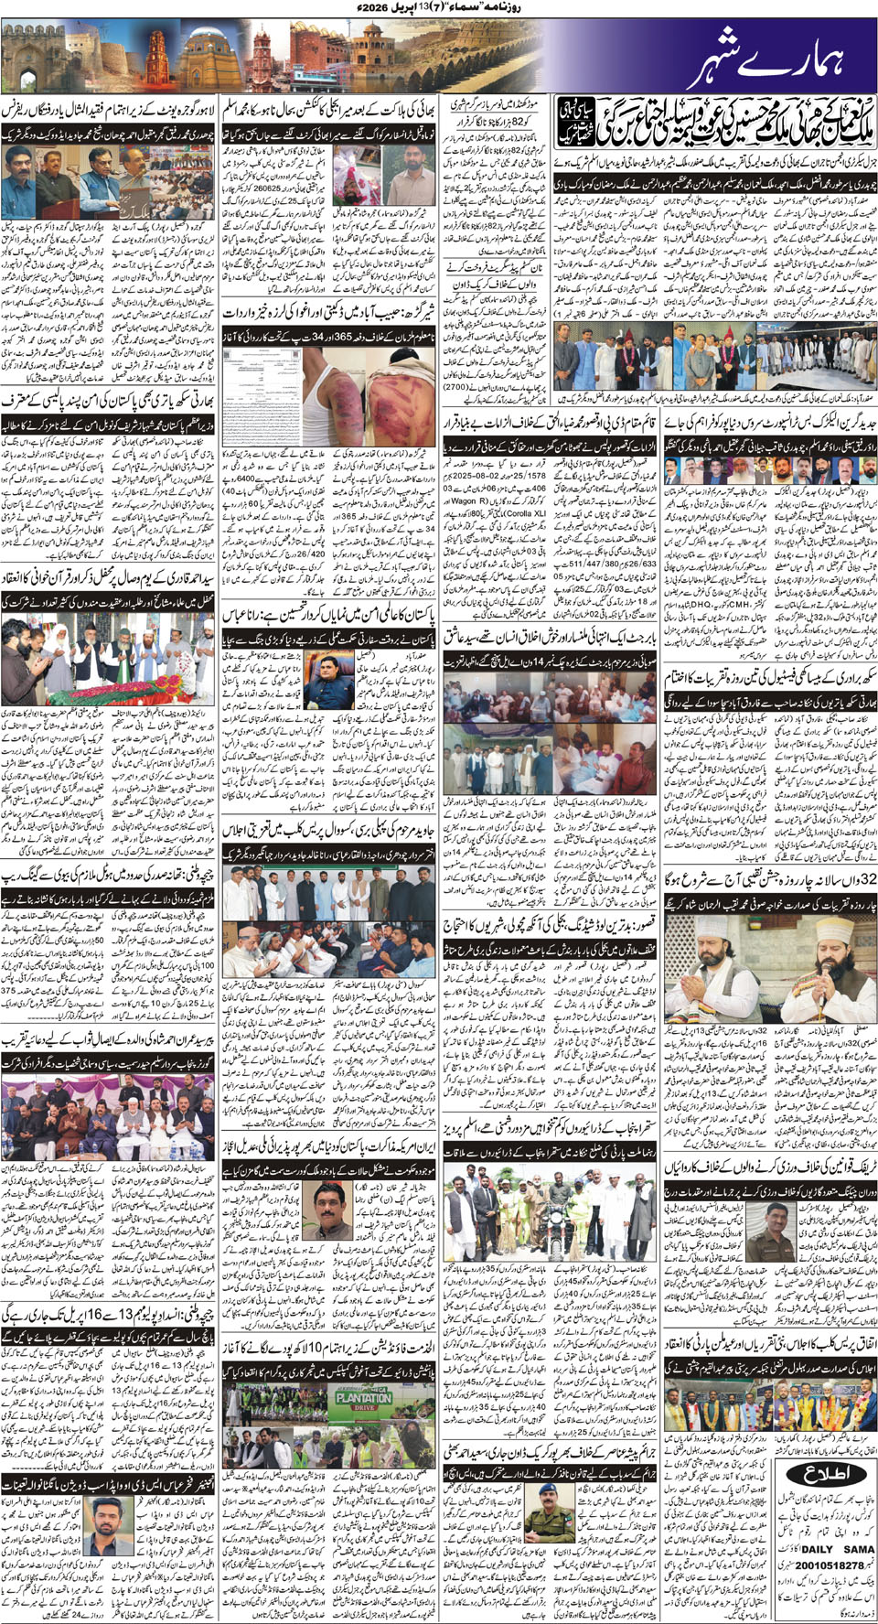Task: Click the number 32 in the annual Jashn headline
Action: pos(864,878)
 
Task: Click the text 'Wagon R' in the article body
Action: pos(466,500)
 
